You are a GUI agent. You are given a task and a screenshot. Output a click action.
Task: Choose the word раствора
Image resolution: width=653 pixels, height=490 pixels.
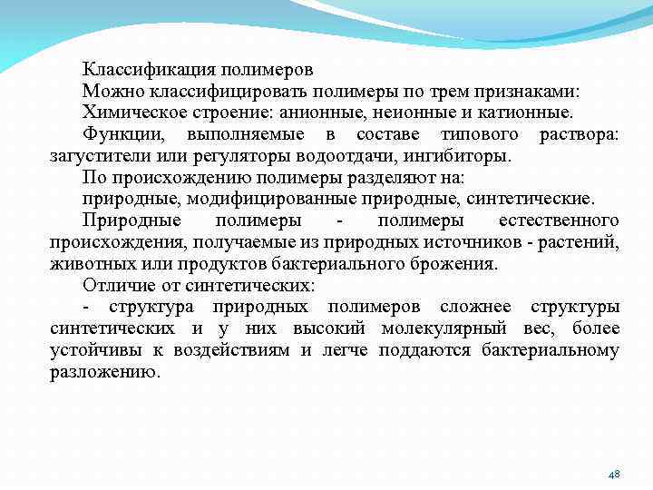coord(579,134)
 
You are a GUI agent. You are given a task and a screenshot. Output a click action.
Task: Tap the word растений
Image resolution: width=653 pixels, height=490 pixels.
coord(582,242)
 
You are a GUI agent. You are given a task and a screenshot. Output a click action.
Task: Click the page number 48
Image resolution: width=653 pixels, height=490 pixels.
coord(613,475)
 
